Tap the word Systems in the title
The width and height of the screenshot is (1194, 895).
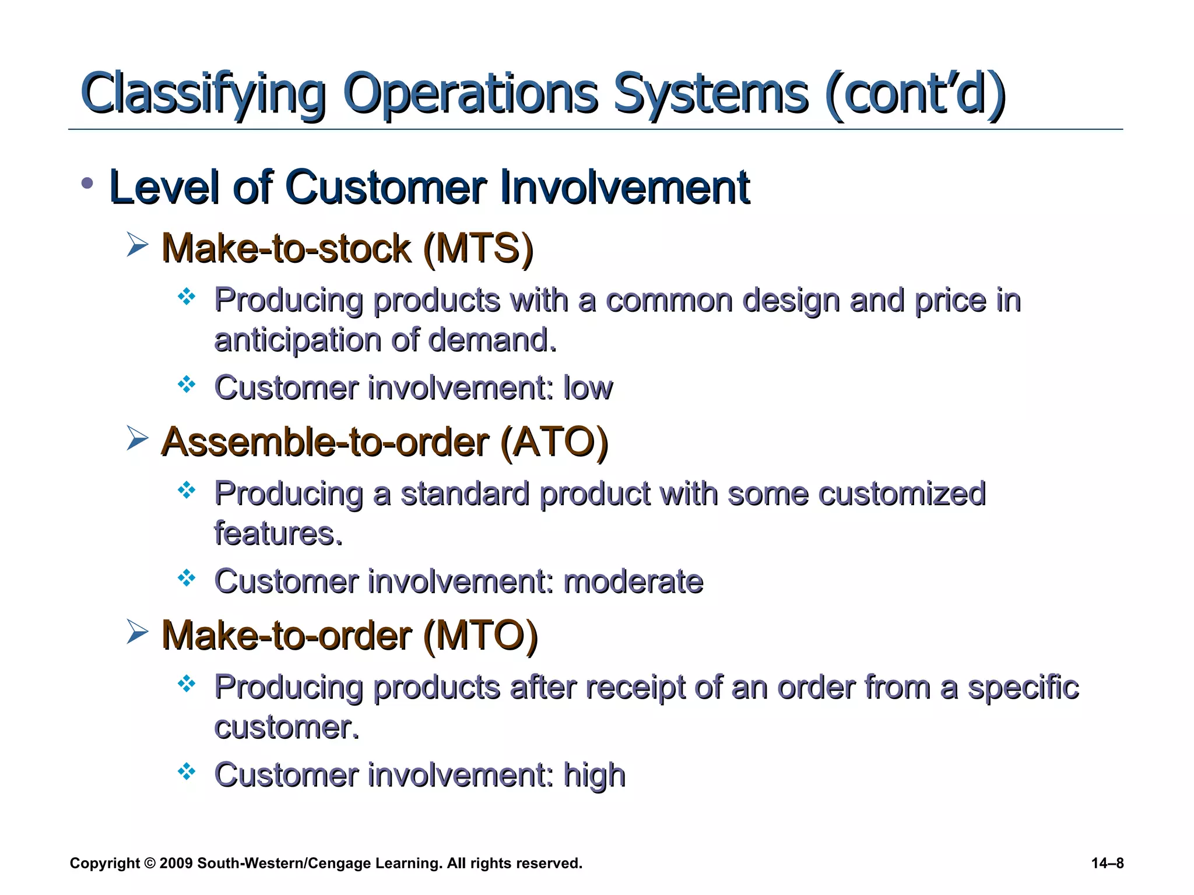(711, 93)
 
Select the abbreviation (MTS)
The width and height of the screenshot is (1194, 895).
(478, 248)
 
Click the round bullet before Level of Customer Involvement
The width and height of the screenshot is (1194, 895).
(87, 184)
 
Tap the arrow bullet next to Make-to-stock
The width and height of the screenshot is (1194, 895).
(138, 244)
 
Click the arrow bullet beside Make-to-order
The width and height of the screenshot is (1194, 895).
(138, 632)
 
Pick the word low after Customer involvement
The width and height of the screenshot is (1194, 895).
(588, 388)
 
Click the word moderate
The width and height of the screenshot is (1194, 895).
(633, 582)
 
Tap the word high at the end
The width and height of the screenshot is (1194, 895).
(594, 776)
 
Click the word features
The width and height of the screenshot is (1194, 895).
(278, 534)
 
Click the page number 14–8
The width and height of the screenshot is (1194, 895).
(1107, 863)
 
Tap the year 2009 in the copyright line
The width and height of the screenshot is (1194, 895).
(175, 863)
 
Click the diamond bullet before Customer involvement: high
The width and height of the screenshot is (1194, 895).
(187, 771)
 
